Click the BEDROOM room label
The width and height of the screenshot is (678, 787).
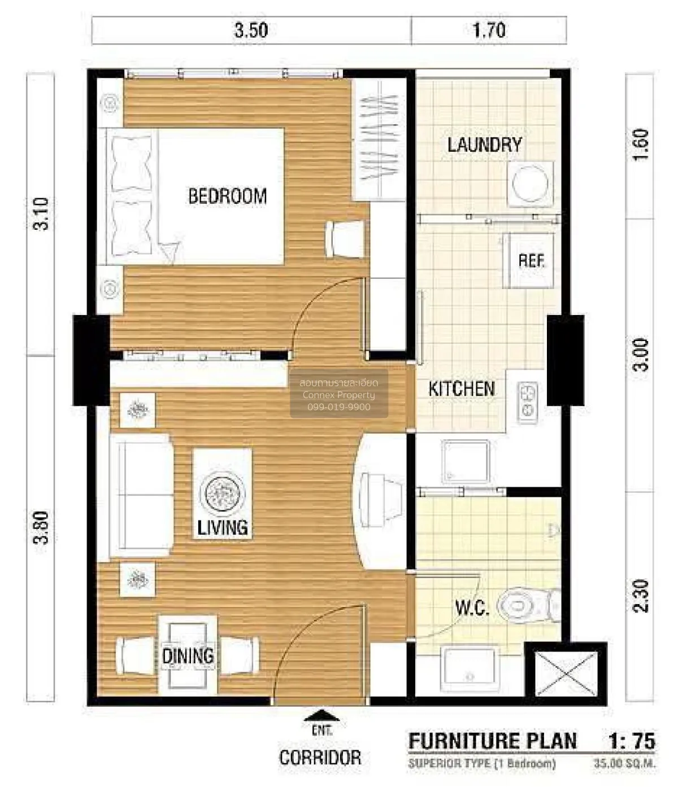pos(227,196)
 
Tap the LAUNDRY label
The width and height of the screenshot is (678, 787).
pos(484,145)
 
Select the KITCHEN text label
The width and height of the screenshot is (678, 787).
pos(461,388)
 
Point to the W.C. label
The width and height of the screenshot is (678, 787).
pos(472,607)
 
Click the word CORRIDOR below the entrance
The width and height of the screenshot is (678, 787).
pos(320,758)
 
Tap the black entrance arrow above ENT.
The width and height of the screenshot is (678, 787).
pos(321,715)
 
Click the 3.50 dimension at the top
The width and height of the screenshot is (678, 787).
pos(251,30)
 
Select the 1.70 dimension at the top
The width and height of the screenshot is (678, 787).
pos(489,30)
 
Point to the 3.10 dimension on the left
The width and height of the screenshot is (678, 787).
pos(41,213)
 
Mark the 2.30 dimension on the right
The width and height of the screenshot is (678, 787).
pos(641,596)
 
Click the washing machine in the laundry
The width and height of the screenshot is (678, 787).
pos(529,183)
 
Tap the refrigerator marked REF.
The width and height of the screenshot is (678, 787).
pos(529,261)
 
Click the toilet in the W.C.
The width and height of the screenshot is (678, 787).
pos(523,606)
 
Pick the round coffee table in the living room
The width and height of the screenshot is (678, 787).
pos(223,493)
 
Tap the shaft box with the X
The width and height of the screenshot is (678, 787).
pos(566,673)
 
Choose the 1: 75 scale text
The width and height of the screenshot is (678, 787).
pos(631,741)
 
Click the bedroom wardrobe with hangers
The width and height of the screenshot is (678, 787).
pos(379,139)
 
